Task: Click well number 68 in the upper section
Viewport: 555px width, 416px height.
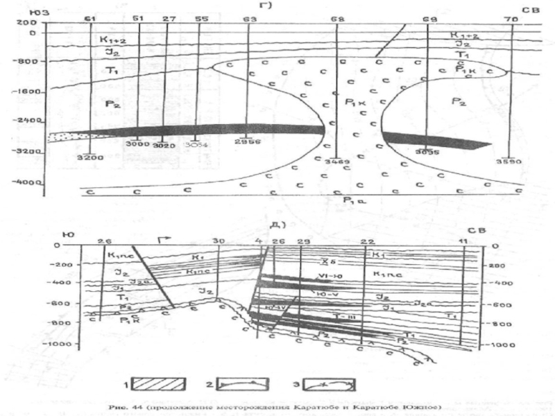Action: tap(337, 19)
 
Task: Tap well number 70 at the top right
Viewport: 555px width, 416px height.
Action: tap(511, 19)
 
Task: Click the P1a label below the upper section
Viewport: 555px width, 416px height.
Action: tap(337, 201)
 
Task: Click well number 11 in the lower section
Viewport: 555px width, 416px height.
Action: tap(463, 240)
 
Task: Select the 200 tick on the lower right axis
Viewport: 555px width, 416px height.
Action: tap(494, 265)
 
